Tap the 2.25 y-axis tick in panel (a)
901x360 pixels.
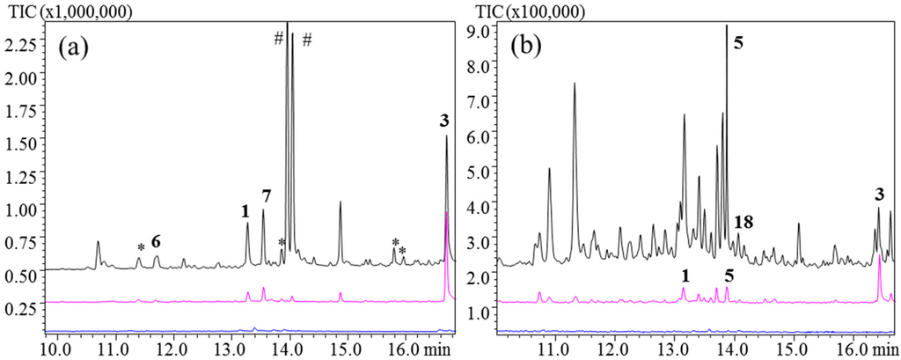(20, 44)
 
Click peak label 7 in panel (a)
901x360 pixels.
(266, 195)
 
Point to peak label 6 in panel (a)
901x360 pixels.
(156, 241)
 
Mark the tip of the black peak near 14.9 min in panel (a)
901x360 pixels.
(341, 202)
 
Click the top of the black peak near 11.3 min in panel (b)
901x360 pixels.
(575, 84)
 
